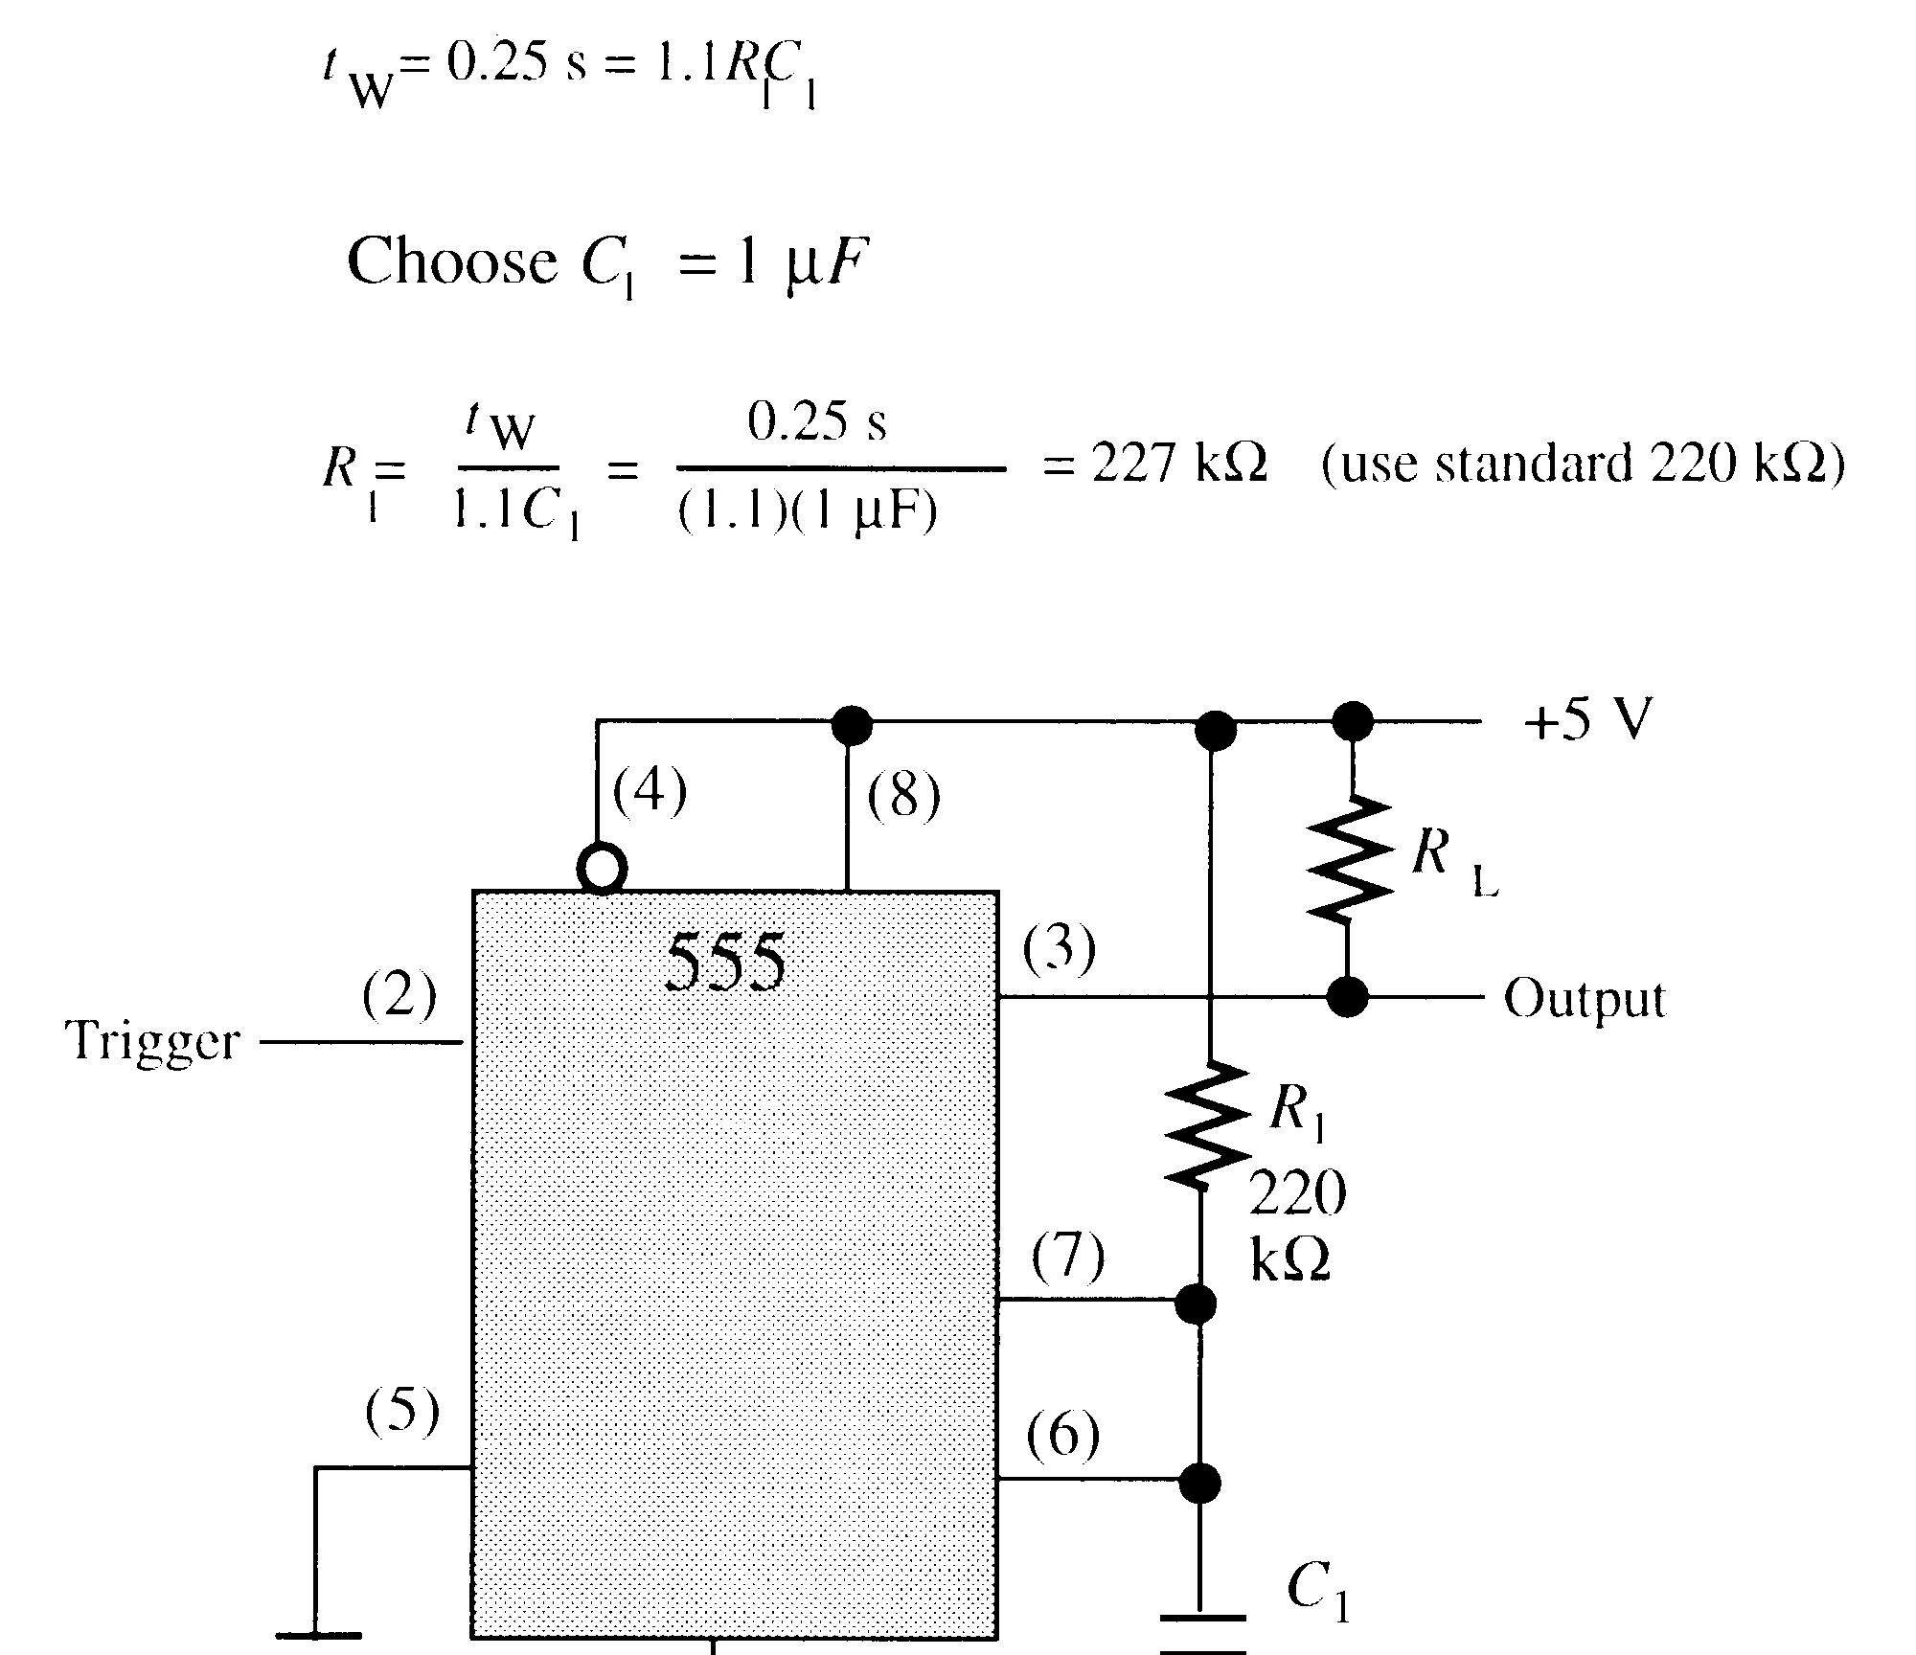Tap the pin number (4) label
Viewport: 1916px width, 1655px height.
click(x=650, y=792)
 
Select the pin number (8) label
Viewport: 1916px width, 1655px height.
click(x=903, y=796)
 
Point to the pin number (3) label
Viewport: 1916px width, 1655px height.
click(x=1059, y=949)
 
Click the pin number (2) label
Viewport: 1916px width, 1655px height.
click(x=399, y=995)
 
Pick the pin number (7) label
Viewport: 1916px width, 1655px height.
click(x=1067, y=1256)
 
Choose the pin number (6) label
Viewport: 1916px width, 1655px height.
click(x=1062, y=1435)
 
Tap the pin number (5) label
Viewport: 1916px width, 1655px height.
click(x=402, y=1411)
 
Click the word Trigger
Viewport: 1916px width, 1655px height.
click(x=152, y=1042)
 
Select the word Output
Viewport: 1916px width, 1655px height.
click(x=1585, y=999)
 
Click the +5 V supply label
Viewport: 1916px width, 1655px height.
click(x=1587, y=719)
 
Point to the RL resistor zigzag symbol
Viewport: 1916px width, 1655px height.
click(x=1349, y=859)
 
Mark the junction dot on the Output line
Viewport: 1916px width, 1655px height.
click(x=1348, y=997)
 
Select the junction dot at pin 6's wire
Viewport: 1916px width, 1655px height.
click(x=1198, y=1483)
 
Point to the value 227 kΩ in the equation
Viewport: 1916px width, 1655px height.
click(x=1179, y=465)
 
